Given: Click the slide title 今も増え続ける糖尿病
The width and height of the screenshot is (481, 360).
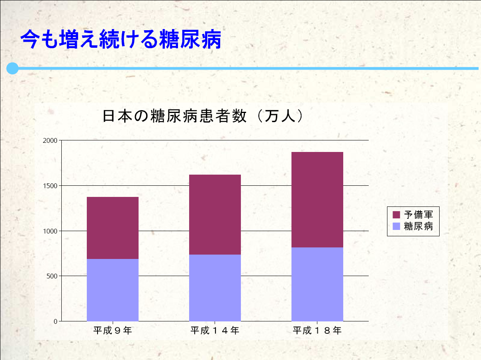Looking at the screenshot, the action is click(x=121, y=39).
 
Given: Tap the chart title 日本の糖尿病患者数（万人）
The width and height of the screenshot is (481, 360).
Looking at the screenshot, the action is click(x=203, y=116).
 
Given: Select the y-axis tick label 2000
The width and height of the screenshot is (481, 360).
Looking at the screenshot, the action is click(x=50, y=140).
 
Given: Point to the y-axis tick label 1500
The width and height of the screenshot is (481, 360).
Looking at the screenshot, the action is click(x=50, y=186).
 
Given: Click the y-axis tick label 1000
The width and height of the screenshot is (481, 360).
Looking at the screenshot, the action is click(x=50, y=231).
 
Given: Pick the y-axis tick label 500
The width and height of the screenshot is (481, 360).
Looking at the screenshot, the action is click(x=52, y=276).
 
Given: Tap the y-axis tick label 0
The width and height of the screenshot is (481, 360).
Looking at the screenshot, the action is click(x=55, y=321).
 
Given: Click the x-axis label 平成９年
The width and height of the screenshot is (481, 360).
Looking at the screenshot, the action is click(x=113, y=330).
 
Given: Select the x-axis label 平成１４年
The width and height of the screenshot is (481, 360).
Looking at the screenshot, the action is click(x=215, y=330).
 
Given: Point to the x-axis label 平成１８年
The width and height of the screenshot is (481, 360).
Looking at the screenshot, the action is click(x=317, y=330).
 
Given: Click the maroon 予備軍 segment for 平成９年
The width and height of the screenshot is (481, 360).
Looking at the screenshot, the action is click(x=113, y=228).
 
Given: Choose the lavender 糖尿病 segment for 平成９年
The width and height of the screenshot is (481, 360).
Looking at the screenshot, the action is click(x=113, y=290).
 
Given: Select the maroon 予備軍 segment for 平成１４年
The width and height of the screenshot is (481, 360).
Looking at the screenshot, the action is click(x=215, y=214).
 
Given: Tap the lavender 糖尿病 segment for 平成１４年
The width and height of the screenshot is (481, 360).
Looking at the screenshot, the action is click(x=215, y=288).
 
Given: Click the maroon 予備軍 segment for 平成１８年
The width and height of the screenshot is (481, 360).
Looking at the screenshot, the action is click(x=317, y=200).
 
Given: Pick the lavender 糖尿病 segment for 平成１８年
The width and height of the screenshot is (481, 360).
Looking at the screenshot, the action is click(x=317, y=284).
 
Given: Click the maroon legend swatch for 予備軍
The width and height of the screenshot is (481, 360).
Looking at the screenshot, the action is click(x=396, y=215).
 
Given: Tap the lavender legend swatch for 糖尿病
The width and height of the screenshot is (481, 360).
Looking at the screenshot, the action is click(x=396, y=226).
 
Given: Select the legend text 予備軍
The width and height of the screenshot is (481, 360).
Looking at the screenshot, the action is click(x=418, y=215).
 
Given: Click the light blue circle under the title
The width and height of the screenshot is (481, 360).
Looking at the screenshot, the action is click(x=12, y=68).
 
